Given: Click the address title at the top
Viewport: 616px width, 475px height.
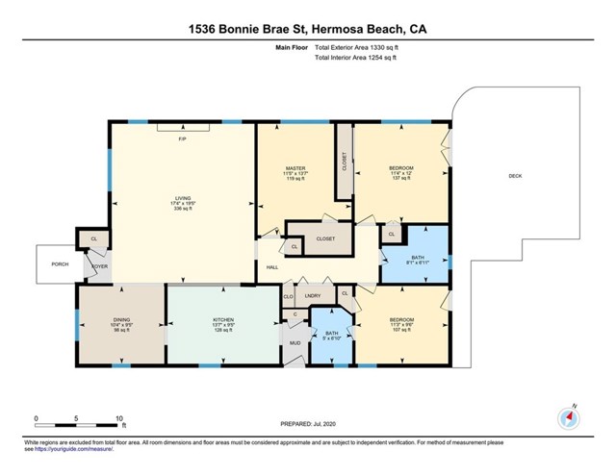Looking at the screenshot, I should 307,30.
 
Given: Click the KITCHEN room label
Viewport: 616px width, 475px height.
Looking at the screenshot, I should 223,320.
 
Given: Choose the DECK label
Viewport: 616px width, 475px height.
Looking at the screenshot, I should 515,176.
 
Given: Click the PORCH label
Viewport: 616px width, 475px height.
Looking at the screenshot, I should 61,263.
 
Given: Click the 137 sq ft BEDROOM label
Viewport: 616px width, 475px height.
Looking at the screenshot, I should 400,172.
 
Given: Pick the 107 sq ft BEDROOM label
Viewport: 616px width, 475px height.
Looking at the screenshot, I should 400,324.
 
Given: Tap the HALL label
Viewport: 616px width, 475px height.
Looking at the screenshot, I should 272,266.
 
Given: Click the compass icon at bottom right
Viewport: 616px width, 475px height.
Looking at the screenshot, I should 566,418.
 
